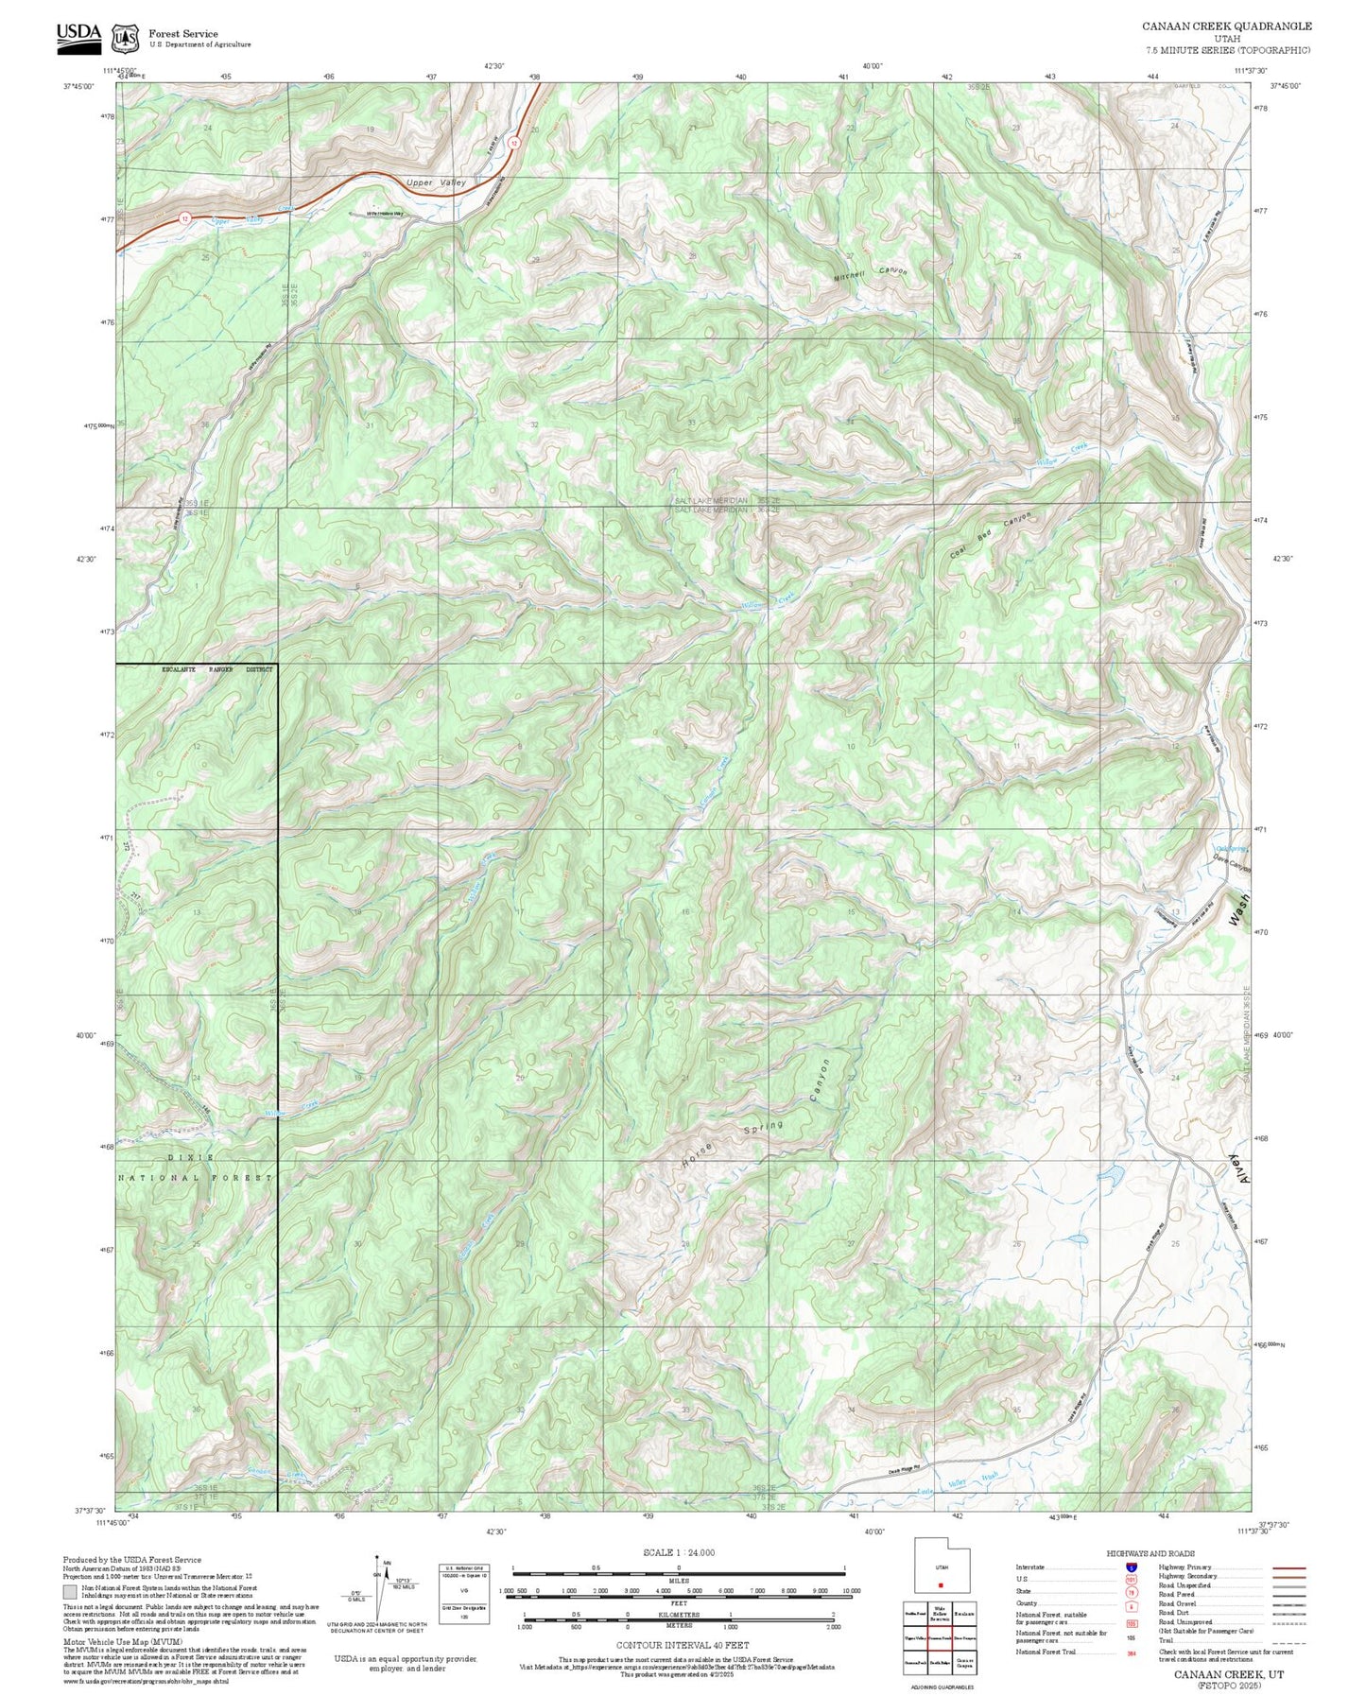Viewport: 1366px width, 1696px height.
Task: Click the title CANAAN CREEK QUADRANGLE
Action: (1226, 26)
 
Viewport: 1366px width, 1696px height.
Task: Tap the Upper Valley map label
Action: (436, 182)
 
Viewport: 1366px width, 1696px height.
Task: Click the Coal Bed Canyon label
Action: (990, 536)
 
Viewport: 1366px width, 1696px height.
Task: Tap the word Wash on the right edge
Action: (1239, 909)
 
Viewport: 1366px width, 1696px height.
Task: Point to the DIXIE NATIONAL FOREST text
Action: (195, 1168)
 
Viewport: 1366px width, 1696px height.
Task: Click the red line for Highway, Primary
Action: (1288, 1567)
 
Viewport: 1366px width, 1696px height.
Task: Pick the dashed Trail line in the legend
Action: (1288, 1644)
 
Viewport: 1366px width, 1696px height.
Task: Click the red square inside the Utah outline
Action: (941, 1585)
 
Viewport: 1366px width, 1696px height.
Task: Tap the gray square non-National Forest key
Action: (70, 1592)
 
